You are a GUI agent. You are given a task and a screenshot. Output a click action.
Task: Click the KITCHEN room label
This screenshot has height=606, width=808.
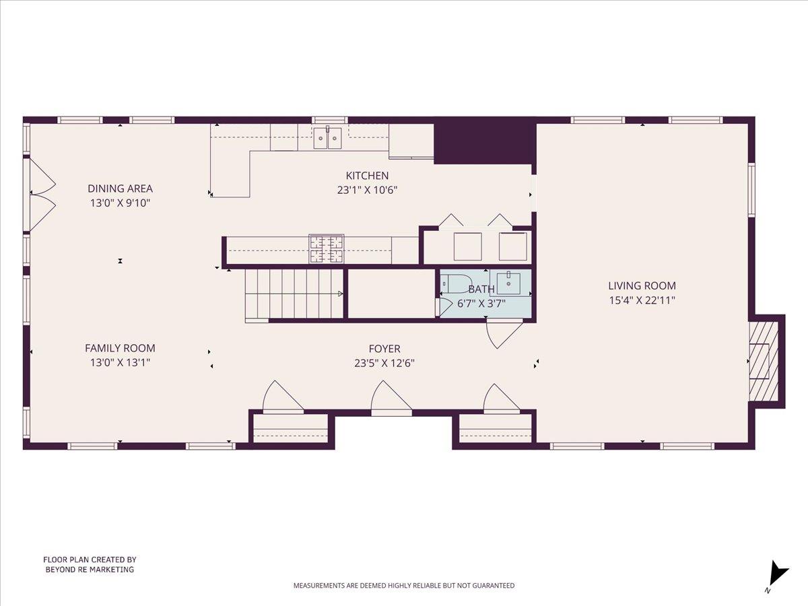(367, 176)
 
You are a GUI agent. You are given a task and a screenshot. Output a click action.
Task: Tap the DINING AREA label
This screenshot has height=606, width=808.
(120, 189)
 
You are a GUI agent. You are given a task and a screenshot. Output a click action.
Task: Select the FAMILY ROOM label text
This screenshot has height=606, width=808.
(120, 348)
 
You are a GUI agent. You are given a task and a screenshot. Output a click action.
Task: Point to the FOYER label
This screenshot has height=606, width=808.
(384, 349)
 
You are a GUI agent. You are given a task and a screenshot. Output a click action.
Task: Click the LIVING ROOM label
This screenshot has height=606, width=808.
(642, 285)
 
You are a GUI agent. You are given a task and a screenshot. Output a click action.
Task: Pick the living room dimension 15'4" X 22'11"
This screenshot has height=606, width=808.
(642, 300)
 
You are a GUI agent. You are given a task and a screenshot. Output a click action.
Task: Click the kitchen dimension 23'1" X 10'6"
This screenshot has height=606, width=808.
(367, 190)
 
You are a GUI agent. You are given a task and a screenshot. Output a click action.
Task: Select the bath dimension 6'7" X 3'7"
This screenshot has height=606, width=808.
(481, 304)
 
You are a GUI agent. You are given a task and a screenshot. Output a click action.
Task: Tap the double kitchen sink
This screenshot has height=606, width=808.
(327, 137)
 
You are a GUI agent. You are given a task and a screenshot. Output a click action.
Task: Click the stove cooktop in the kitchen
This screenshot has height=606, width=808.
(326, 248)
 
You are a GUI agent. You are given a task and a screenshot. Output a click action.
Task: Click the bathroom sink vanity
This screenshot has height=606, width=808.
(510, 283)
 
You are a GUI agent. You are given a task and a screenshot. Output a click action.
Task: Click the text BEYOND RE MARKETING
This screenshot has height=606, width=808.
(90, 570)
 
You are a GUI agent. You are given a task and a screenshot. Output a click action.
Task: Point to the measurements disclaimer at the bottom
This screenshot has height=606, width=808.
(403, 586)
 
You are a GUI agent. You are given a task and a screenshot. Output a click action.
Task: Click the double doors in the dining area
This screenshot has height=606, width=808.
(42, 193)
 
